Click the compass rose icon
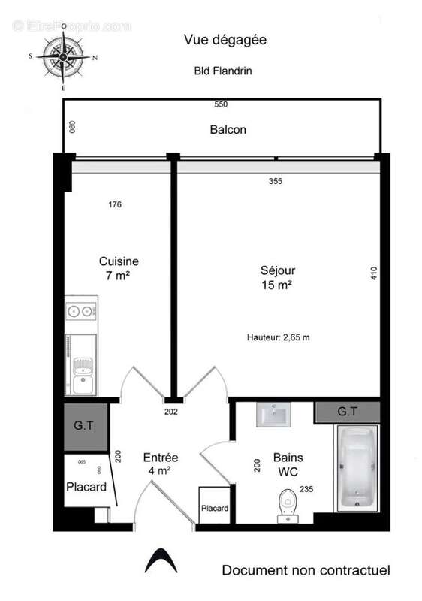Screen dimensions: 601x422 (x=63, y=57)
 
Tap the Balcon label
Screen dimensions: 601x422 (x=228, y=129)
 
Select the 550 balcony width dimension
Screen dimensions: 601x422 (x=220, y=104)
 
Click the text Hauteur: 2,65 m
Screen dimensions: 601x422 (x=278, y=337)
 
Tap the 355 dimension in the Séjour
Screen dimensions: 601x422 (x=277, y=181)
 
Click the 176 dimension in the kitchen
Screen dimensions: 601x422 (x=114, y=204)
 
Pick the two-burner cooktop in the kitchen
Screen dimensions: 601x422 (x=80, y=310)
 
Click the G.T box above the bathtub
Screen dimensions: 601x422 (x=346, y=412)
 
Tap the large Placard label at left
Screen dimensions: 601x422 (x=86, y=486)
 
